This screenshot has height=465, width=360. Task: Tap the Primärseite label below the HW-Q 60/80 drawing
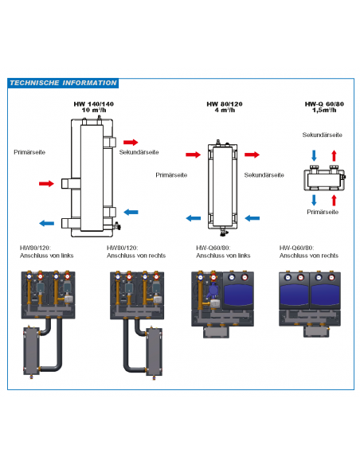click(x=322, y=212)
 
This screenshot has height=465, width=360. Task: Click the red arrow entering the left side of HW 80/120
click(x=191, y=155)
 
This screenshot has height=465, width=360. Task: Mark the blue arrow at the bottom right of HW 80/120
click(x=253, y=217)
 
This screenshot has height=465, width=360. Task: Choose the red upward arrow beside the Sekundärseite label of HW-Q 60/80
click(x=334, y=154)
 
